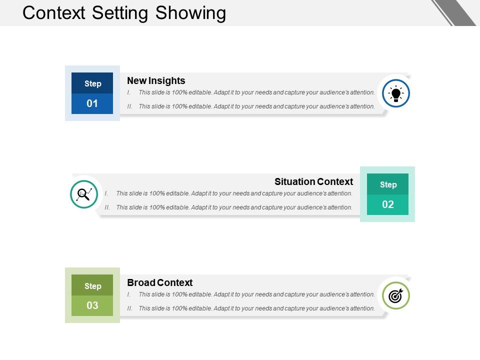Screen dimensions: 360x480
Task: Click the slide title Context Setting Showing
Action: pyautogui.click(x=124, y=13)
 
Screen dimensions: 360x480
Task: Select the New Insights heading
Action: pyautogui.click(x=156, y=80)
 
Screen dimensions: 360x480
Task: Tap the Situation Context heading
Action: pyautogui.click(x=313, y=181)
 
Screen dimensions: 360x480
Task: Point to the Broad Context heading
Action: pyautogui.click(x=159, y=282)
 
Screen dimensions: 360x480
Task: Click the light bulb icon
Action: pyautogui.click(x=396, y=93)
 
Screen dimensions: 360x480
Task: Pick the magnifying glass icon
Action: pyautogui.click(x=84, y=194)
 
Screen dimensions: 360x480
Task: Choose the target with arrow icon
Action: pyautogui.click(x=396, y=295)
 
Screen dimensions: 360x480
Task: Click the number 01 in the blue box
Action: pyautogui.click(x=92, y=103)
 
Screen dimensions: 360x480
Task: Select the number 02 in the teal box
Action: pyautogui.click(x=388, y=204)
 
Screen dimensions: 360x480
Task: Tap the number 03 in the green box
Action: pyautogui.click(x=92, y=305)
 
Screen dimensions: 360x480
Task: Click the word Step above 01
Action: pyautogui.click(x=92, y=83)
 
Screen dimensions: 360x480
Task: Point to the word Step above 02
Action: pyautogui.click(x=388, y=184)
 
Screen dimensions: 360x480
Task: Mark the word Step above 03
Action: pyautogui.click(x=92, y=286)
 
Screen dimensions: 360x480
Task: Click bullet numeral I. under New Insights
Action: pyautogui.click(x=129, y=92)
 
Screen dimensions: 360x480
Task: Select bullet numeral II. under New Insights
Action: pyautogui.click(x=130, y=106)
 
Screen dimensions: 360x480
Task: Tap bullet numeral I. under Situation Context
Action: pyautogui.click(x=106, y=193)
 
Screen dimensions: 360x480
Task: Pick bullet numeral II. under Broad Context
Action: pyautogui.click(x=130, y=308)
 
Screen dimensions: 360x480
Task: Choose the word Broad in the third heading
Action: pyautogui.click(x=141, y=282)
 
